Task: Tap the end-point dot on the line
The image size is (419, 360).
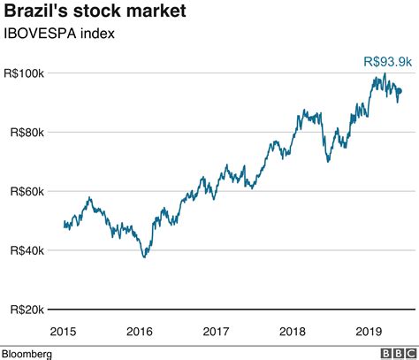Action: coord(399,90)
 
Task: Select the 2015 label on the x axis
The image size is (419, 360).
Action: coord(63,331)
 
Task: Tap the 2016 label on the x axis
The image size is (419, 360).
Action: coord(140,331)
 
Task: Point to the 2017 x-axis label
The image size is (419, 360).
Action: coord(217,331)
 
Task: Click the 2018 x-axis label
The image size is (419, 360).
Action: coord(293,331)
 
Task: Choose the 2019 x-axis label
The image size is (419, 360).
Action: coord(369,331)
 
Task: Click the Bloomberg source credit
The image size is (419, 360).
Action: coord(27,353)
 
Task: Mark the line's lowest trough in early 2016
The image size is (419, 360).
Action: coord(145,257)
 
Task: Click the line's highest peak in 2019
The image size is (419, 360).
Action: coord(385,74)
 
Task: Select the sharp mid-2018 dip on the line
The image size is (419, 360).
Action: coord(328,161)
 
